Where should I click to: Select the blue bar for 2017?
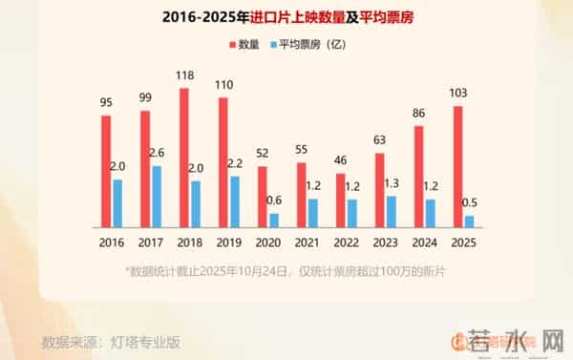click(x=157, y=196)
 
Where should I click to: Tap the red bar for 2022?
click(x=341, y=200)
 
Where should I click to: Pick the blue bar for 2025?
click(x=469, y=221)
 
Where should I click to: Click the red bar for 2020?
click(x=263, y=196)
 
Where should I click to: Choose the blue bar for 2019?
click(x=235, y=201)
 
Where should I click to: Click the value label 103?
click(x=459, y=93)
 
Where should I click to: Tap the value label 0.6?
click(x=274, y=199)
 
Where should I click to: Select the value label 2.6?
click(x=157, y=152)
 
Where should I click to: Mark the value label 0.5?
click(x=469, y=201)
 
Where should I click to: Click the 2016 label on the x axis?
click(x=112, y=243)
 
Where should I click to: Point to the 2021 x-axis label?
click(x=308, y=243)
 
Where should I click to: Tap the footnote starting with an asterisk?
click(x=286, y=273)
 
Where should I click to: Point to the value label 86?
click(x=420, y=114)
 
